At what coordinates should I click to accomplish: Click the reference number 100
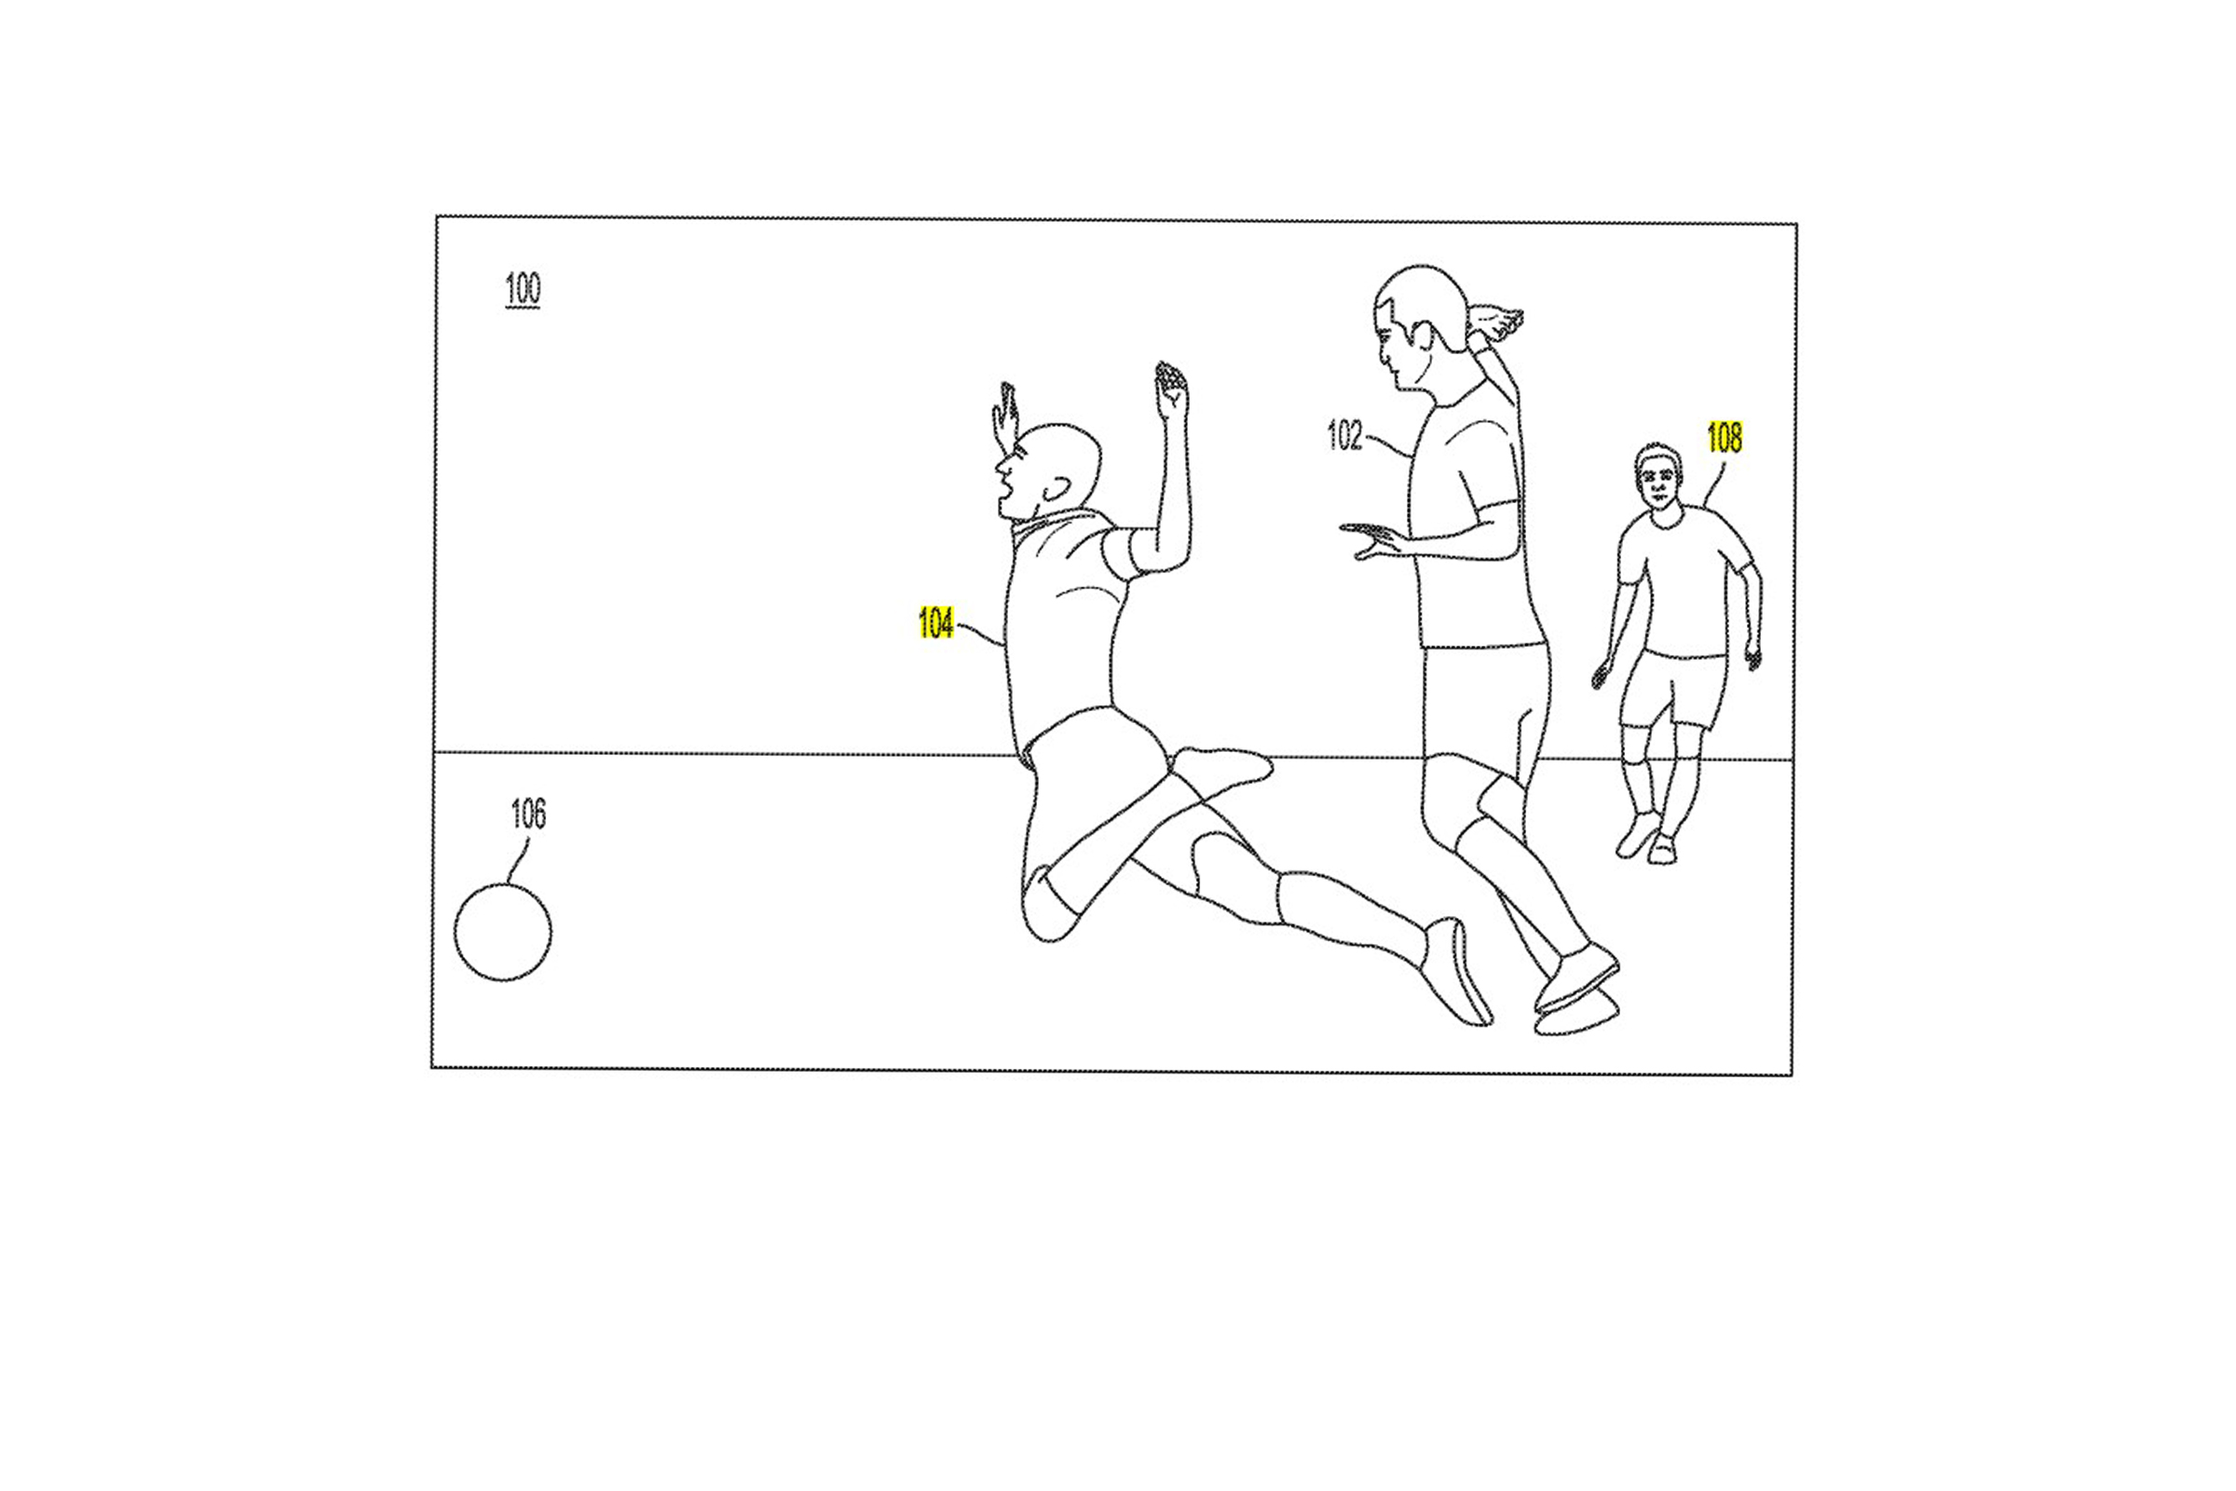click(522, 288)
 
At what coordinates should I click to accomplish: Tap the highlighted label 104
click(935, 623)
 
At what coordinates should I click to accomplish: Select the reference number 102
click(1344, 435)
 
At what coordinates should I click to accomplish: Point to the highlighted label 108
click(1725, 437)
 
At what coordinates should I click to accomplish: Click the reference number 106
click(528, 814)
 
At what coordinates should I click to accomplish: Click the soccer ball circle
click(503, 932)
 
